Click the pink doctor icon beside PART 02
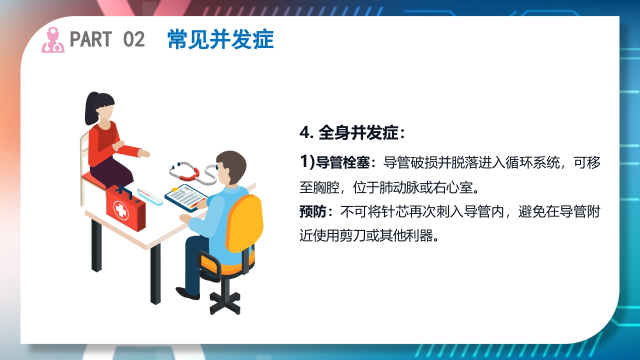[52, 40]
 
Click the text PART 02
[107, 39]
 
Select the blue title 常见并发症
[220, 39]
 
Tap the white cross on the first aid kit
[121, 210]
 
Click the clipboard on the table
[186, 196]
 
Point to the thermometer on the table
[149, 196]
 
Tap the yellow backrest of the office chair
[245, 222]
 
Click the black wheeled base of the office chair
[225, 301]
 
